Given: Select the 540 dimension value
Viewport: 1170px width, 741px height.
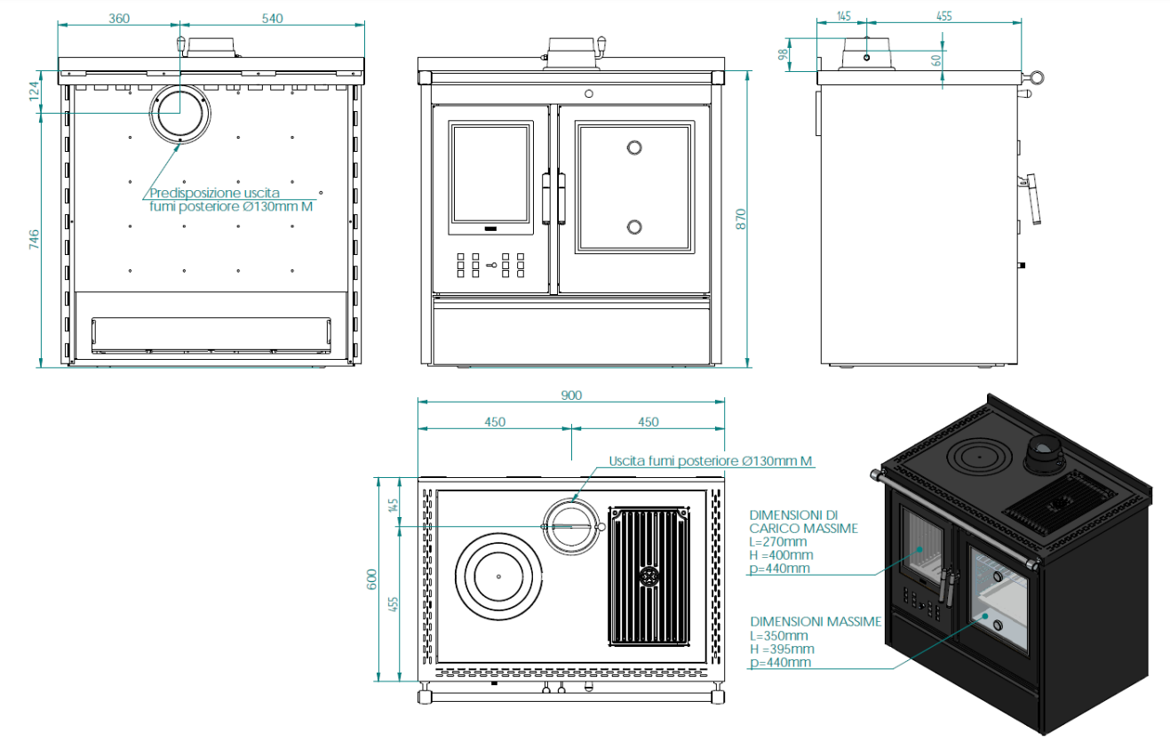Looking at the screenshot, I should click(x=272, y=19).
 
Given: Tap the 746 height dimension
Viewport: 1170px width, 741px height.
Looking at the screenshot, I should click(x=34, y=241).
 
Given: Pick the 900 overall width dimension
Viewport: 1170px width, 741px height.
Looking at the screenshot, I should click(x=571, y=395).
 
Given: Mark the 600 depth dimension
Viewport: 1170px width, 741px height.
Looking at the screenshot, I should click(x=373, y=578).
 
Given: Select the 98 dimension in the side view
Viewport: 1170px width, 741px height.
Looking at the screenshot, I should click(x=783, y=53).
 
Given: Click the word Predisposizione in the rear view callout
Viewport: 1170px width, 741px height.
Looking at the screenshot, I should click(x=189, y=193).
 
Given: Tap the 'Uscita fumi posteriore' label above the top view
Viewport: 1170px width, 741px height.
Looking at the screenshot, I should click(x=675, y=461).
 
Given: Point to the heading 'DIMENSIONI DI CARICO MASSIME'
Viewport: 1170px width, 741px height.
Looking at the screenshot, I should click(x=803, y=522).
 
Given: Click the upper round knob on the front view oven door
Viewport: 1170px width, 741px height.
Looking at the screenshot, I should click(x=634, y=147).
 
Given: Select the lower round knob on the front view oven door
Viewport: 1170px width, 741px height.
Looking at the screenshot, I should click(x=634, y=227).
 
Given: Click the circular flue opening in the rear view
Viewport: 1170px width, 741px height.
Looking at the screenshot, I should click(x=180, y=113).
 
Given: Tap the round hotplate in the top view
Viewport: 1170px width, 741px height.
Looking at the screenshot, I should click(x=497, y=576).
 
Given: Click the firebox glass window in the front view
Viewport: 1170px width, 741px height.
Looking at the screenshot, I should click(x=491, y=174).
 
